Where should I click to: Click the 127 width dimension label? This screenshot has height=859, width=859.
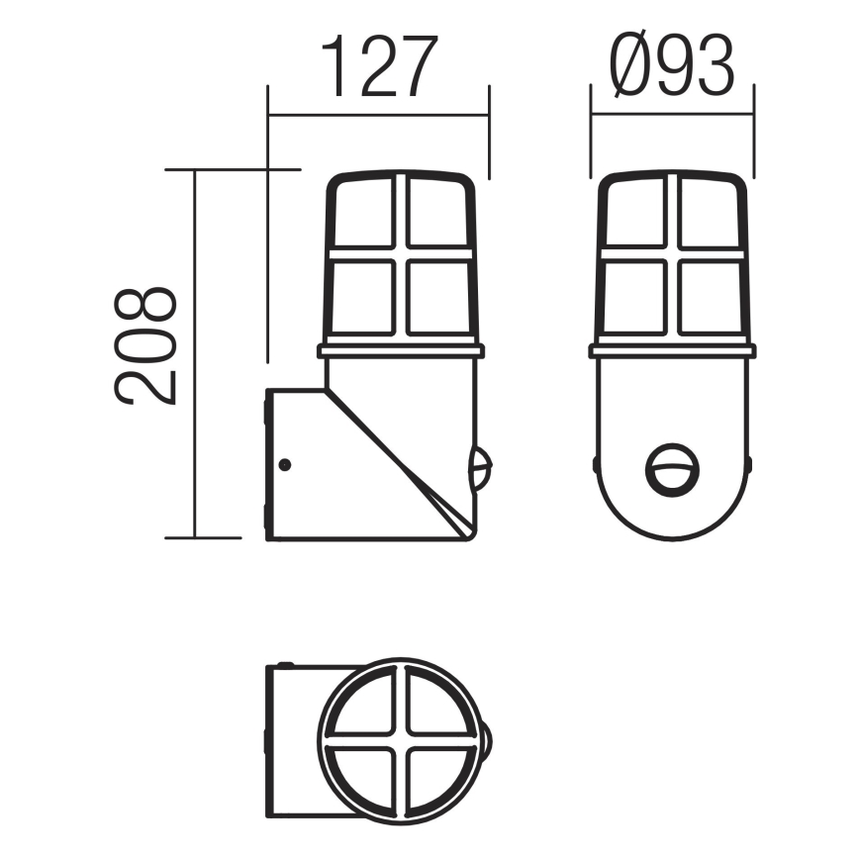pyautogui.click(x=379, y=66)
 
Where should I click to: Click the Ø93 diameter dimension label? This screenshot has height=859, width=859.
pyautogui.click(x=673, y=66)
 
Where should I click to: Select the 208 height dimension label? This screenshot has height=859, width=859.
pyautogui.click(x=146, y=346)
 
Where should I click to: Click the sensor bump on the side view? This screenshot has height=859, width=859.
pyautogui.click(x=481, y=469)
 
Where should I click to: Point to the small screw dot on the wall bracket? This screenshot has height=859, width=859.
pyautogui.click(x=285, y=464)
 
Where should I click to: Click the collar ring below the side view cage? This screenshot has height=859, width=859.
pyautogui.click(x=401, y=350)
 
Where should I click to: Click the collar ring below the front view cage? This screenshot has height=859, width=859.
pyautogui.click(x=672, y=350)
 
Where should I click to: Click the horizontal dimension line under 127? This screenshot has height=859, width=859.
pyautogui.click(x=379, y=115)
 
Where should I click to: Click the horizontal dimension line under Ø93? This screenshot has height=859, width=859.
pyautogui.click(x=672, y=115)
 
